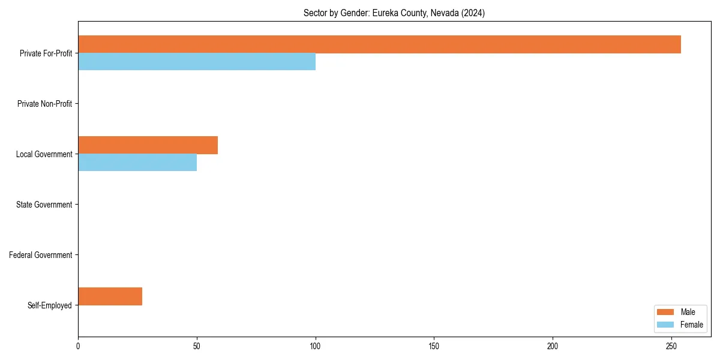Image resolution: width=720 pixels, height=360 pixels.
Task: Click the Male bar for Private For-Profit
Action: [379, 44]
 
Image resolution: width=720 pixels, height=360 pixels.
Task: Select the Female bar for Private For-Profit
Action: [197, 62]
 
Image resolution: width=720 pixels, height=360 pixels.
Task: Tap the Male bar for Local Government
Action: [148, 145]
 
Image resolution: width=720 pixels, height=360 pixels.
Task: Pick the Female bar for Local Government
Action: [137, 163]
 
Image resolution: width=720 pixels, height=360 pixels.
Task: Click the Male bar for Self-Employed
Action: [110, 296]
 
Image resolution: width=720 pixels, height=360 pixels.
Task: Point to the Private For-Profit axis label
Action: [46, 53]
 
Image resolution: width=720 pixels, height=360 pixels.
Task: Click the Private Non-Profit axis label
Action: [44, 104]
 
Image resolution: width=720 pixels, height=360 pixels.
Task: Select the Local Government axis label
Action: [44, 154]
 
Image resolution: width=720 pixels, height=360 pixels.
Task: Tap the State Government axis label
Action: [44, 205]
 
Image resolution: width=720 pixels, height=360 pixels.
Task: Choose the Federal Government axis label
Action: [41, 255]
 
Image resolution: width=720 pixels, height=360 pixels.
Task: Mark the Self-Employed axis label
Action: [49, 305]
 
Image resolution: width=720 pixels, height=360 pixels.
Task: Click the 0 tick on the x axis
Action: [78, 346]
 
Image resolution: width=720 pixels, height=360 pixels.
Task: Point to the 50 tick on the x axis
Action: [197, 346]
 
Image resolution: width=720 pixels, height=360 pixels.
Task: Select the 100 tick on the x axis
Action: [316, 346]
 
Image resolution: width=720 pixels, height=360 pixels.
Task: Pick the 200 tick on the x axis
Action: [553, 346]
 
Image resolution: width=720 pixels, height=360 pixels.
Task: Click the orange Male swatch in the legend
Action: [665, 312]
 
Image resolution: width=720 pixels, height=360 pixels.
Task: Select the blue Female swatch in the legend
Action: [665, 325]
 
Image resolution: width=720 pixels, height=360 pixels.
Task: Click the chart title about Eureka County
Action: [394, 13]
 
